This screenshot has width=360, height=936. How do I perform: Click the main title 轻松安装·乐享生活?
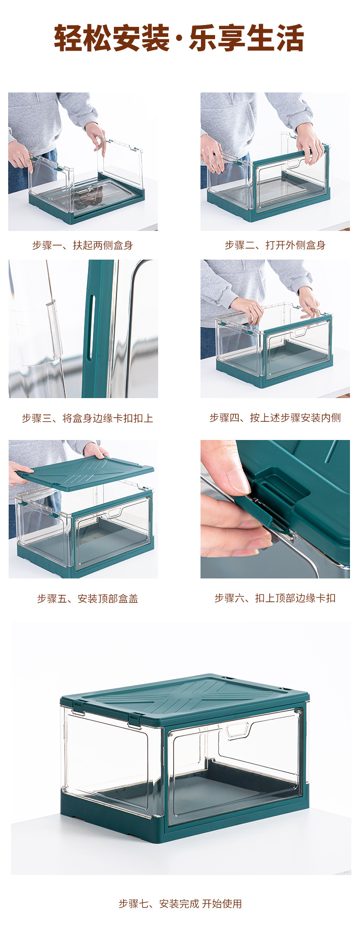pos(179,38)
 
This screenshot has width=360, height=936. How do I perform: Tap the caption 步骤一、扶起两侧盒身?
pos(82,246)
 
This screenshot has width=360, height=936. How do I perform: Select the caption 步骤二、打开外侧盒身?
pos(275,246)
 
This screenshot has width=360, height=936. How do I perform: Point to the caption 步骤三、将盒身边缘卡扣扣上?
pos(87,418)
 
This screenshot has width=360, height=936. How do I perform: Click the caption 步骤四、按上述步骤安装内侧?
pos(275,418)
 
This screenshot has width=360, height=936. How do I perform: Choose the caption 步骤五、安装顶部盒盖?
pos(87,598)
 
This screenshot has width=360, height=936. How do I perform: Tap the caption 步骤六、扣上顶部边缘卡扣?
pos(275,598)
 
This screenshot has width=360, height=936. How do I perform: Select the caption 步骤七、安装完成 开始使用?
pos(180,904)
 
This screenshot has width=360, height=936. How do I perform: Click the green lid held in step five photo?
pos(87,474)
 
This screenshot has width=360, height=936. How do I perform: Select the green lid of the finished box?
pos(187,697)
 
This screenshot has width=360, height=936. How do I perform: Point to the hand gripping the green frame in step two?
pos(310,143)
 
